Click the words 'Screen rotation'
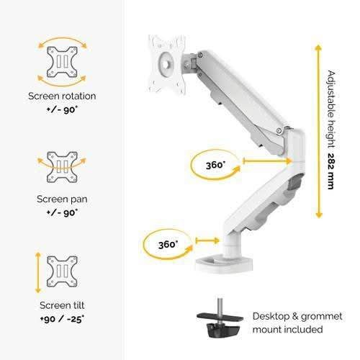62,96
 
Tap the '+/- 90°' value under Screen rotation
62,110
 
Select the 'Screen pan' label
62,199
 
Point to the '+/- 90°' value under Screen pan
62,212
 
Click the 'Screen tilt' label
62,305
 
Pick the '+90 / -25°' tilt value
62,319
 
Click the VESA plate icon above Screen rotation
62,62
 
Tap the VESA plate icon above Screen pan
62,167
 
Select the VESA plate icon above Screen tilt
62,271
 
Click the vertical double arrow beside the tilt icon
38,273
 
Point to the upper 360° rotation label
215,165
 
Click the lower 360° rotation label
168,245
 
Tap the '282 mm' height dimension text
331,171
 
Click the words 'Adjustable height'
331,109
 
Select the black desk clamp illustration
220,318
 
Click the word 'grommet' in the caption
322,317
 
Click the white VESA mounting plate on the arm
167,64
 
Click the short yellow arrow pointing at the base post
207,240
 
